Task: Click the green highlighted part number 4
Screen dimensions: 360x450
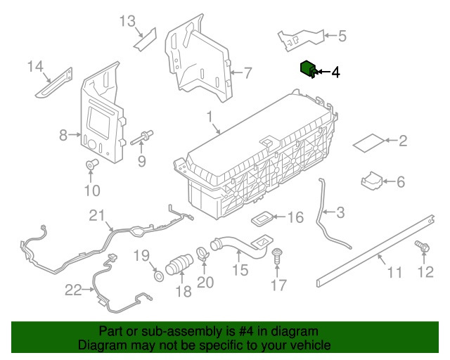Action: [x=307, y=69]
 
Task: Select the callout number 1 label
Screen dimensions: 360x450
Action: [x=210, y=115]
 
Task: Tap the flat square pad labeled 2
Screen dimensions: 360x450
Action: [x=367, y=143]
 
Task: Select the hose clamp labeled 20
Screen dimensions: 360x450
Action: [x=202, y=251]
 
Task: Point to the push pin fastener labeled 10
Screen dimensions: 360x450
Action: [x=91, y=165]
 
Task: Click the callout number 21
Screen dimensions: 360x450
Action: [x=96, y=215]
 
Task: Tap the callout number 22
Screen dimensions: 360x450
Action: [x=73, y=289]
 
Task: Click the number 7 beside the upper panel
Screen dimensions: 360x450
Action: [x=247, y=72]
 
